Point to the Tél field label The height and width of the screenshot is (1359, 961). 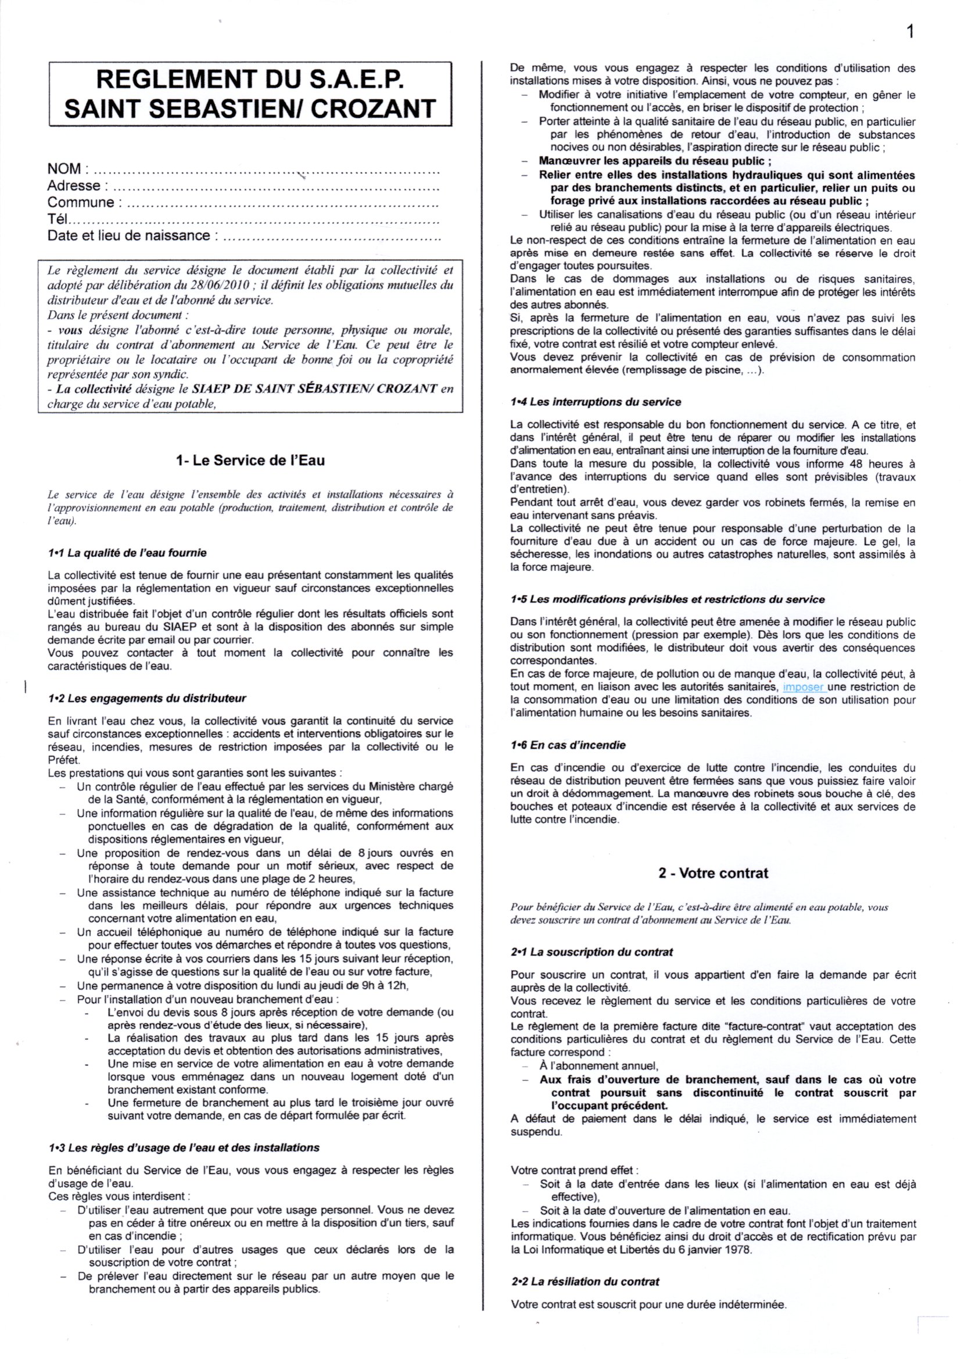pos(58,219)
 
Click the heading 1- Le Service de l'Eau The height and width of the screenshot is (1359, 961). pos(250,460)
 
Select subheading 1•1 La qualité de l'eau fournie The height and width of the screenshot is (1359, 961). pos(127,553)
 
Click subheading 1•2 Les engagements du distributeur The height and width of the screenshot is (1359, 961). pos(147,699)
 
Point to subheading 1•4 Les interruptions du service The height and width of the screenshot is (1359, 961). pos(596,402)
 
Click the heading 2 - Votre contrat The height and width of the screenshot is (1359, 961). pos(713,873)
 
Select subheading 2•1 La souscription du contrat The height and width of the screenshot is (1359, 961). pos(591,952)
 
